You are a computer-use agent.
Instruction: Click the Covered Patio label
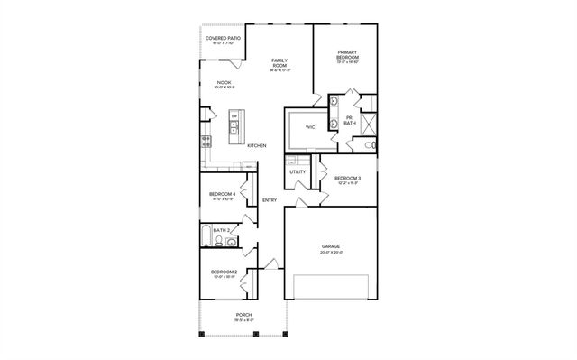coord(222,40)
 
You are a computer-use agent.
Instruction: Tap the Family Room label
coord(279,63)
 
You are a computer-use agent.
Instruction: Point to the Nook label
coord(224,85)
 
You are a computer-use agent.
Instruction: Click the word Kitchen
coord(256,145)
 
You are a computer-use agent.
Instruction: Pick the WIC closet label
coord(309,127)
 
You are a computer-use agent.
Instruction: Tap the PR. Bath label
coord(349,120)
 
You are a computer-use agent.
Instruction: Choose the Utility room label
coord(298,171)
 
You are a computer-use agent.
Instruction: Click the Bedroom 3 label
coord(347,180)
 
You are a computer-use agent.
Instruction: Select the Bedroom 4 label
coord(223,195)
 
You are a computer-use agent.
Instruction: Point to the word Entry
coord(269,199)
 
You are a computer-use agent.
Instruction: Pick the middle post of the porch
coord(255,335)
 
